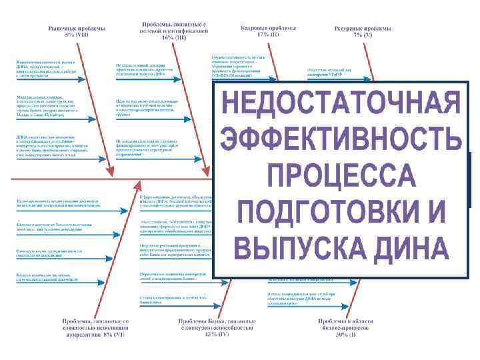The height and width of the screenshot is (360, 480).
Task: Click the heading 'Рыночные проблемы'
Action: click(76, 29)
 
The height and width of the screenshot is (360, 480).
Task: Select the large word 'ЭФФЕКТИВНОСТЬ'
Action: click(341, 141)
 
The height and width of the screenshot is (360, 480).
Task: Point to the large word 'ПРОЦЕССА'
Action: click(341, 177)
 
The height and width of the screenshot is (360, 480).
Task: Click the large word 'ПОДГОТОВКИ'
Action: click(325, 213)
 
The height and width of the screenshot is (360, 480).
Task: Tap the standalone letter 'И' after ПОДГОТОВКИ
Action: click(435, 213)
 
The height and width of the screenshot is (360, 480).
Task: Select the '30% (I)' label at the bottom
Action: click(342, 335)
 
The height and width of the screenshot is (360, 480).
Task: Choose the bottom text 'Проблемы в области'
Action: click(342, 321)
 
